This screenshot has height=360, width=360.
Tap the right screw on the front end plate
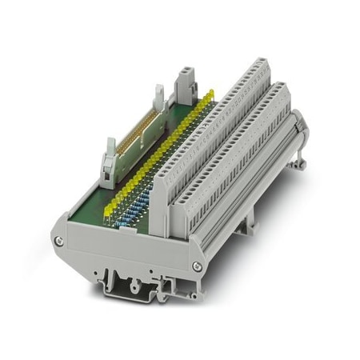195,264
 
